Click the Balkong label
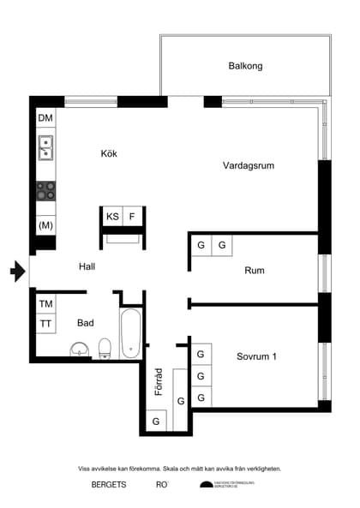(245, 66)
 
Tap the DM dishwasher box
(45, 118)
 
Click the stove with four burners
(45, 190)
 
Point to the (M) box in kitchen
(45, 224)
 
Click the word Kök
(109, 154)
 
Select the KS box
(112, 218)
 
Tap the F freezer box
(132, 218)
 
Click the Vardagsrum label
(248, 166)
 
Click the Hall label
(87, 266)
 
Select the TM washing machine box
(45, 303)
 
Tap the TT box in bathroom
(45, 324)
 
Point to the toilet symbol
(105, 347)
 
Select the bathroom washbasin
(79, 349)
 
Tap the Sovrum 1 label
(256, 357)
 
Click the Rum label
(254, 271)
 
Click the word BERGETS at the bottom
(109, 485)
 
